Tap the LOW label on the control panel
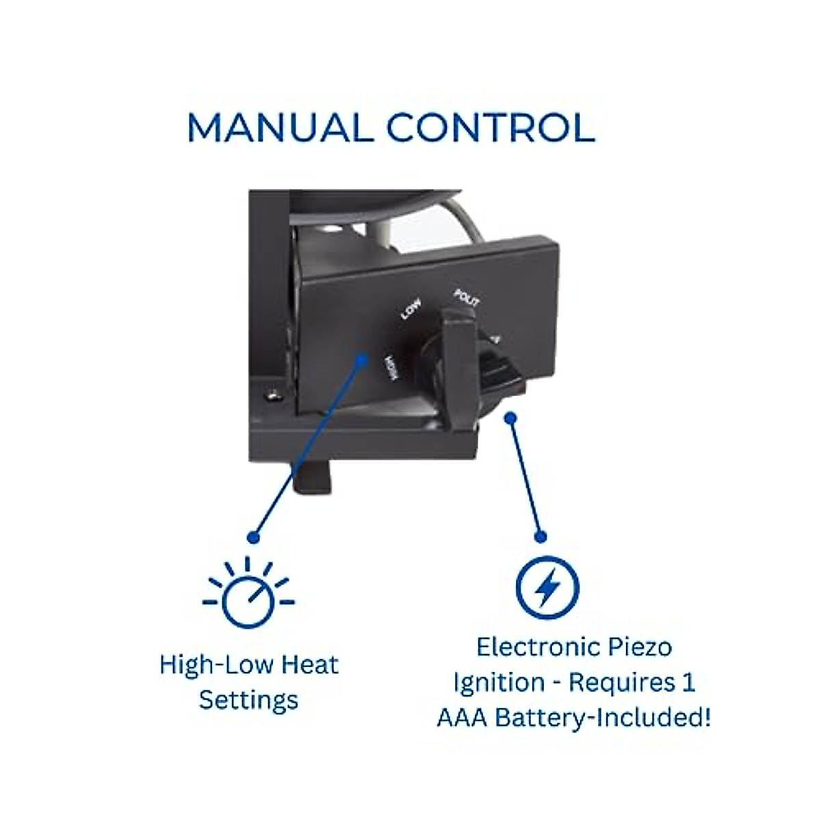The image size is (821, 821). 410,312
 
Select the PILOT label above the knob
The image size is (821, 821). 467,299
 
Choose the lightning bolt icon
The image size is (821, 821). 547,588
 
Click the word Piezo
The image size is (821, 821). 636,647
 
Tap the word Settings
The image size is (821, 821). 248,700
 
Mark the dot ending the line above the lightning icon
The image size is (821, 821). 540,536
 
